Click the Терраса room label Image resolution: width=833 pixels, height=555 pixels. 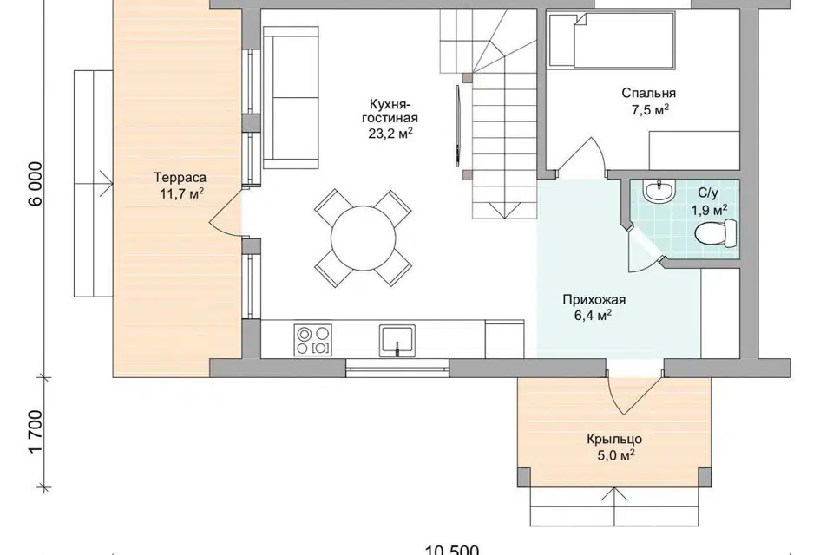(180, 177)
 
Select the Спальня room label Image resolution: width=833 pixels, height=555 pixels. (649, 94)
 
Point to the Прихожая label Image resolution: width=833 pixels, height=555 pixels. (594, 299)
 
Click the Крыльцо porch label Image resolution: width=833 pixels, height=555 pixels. (614, 439)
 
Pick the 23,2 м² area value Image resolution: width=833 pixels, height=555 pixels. (391, 133)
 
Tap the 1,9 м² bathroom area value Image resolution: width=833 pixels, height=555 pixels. (709, 211)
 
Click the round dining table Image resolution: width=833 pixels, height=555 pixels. (364, 238)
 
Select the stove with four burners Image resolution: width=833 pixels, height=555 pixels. (312, 341)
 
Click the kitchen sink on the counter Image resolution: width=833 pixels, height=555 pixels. (397, 341)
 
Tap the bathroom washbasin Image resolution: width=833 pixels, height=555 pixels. (659, 190)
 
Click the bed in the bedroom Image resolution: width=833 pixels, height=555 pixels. (612, 41)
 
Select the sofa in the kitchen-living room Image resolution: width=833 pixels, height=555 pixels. (291, 98)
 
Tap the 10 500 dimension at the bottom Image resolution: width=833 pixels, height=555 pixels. (452, 550)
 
